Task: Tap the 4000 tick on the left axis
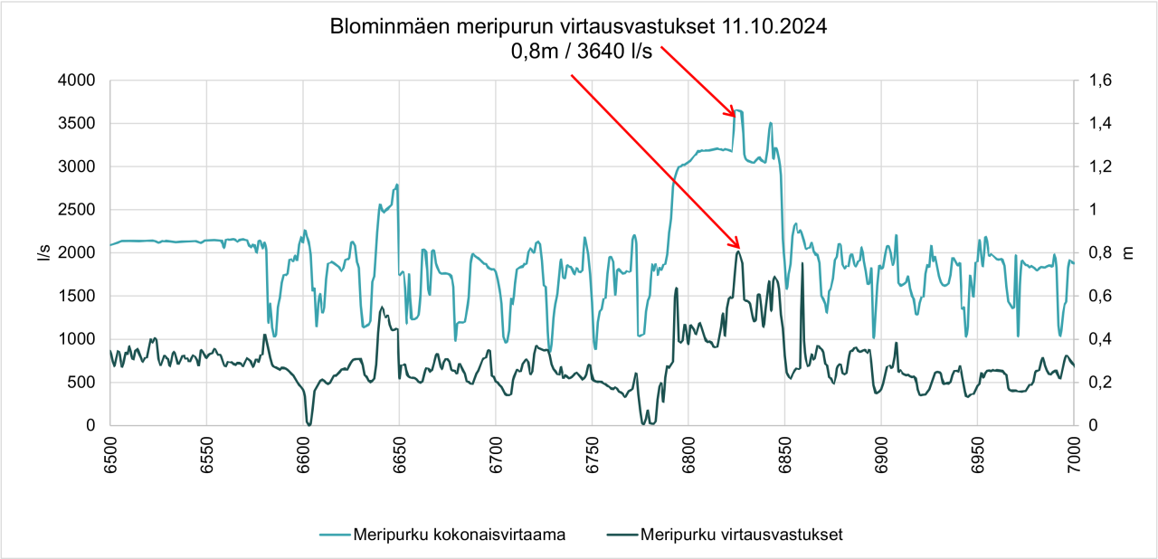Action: click(x=77, y=81)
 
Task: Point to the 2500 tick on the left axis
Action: click(x=77, y=210)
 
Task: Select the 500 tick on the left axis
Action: click(x=81, y=383)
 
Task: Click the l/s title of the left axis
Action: click(x=43, y=252)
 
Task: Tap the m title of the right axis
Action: click(x=1128, y=252)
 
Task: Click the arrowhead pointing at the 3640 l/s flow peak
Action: click(x=736, y=115)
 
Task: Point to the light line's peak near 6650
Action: click(x=396, y=185)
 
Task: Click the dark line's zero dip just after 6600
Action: click(x=308, y=423)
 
